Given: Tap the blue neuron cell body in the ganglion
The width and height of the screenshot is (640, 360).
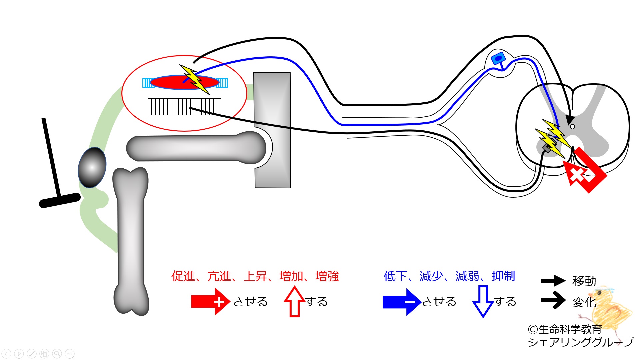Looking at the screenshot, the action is (498, 59).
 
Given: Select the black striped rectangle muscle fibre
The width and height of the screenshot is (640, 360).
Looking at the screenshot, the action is (184, 107).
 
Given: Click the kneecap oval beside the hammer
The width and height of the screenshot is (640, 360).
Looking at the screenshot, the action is (92, 167).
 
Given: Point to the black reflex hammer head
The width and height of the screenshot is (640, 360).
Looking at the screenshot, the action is (60, 200).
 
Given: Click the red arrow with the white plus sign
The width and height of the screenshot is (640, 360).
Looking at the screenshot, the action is (211, 302).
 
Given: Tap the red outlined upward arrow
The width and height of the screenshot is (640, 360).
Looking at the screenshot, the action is (295, 302).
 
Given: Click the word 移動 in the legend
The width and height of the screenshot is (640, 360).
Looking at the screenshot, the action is (584, 281).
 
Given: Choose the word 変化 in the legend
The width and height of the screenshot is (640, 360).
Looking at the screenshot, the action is (584, 302).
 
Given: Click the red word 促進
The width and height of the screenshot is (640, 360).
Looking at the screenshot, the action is (183, 276).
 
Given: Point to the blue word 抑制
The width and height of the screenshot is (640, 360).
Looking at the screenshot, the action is (503, 276).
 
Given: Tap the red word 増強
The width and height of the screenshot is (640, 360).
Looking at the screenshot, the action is (327, 276).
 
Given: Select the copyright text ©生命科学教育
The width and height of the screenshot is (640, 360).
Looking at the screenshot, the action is (565, 329).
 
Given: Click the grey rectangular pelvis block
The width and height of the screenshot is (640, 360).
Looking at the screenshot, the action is (272, 130).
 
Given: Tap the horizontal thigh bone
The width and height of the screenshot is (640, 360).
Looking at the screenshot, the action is (196, 148).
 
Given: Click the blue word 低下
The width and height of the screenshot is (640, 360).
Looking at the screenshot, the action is (396, 276).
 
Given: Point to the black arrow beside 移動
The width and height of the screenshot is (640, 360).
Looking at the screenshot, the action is (553, 281).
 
